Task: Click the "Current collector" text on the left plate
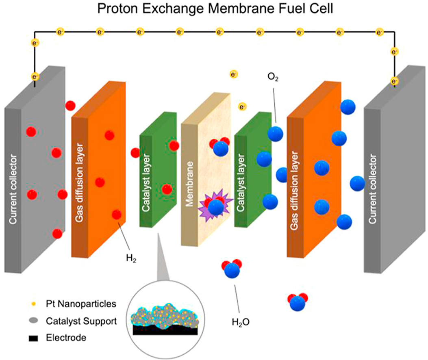[14, 189]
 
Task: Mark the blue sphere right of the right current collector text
[357, 183]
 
